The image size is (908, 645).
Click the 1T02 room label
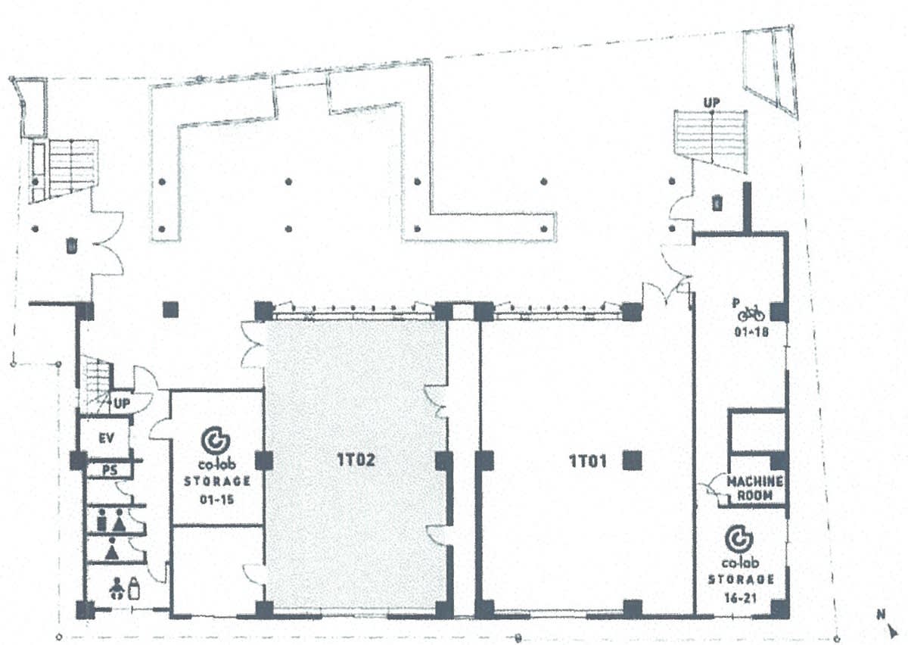point(356,460)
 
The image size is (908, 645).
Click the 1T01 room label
point(588,461)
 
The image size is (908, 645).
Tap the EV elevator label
point(107,438)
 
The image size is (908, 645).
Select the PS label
point(110,470)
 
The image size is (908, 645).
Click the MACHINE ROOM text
point(755,488)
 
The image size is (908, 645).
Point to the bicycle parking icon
point(751,313)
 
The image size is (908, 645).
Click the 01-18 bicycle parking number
point(751,332)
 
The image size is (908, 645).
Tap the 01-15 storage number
point(217,500)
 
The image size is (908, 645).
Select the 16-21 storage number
point(740,597)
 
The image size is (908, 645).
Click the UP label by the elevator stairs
point(122,404)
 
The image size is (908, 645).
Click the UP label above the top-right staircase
point(712,103)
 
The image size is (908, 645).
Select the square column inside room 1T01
point(633,460)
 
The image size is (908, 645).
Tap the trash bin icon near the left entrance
point(71,246)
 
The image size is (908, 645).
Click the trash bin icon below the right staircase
point(717,202)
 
